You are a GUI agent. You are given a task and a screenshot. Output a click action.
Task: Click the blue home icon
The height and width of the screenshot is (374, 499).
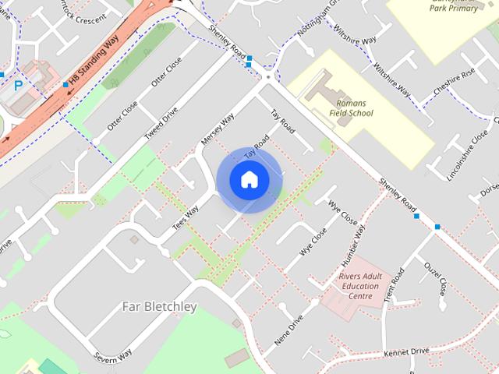[x=249, y=180]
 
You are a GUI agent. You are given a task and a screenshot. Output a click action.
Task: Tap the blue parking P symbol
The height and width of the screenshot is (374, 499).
[x=18, y=82]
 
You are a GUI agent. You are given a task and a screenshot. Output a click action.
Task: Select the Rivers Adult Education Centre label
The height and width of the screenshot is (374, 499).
[x=360, y=286]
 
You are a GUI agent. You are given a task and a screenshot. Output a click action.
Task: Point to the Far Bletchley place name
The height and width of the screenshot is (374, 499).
[x=160, y=306]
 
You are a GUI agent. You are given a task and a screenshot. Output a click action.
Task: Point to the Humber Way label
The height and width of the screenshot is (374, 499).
[x=355, y=241]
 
